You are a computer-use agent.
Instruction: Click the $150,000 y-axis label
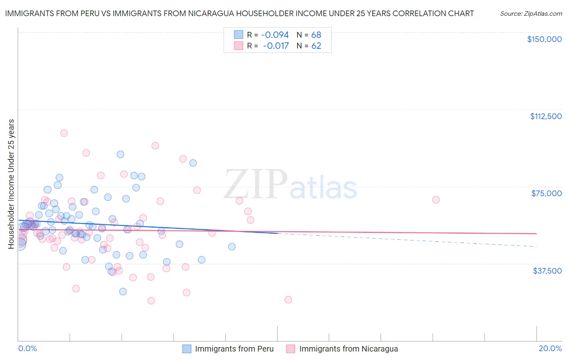coord(544,39)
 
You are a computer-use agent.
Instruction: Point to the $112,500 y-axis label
coord(546,116)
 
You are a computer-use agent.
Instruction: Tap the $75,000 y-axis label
coord(546,193)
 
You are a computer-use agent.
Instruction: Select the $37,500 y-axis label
coord(547,271)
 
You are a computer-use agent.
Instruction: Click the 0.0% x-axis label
coord(27,348)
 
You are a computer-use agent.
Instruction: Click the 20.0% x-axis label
coord(550,348)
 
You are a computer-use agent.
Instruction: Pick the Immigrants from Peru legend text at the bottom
coord(234,349)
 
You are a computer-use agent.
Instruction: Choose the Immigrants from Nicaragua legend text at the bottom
coord(348,349)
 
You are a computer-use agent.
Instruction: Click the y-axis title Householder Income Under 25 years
coord(11,184)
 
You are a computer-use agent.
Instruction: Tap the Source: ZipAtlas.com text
coord(531,13)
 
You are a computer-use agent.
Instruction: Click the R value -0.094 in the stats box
coord(275,35)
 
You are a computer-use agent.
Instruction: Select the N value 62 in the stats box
coord(316,46)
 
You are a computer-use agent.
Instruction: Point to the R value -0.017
coord(276,46)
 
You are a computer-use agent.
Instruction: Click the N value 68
coord(316,35)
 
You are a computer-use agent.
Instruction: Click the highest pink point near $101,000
coord(64,133)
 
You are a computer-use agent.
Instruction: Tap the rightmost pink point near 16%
coord(436,200)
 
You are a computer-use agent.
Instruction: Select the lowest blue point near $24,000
coord(123,291)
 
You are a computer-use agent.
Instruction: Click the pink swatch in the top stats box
coord(239,46)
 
